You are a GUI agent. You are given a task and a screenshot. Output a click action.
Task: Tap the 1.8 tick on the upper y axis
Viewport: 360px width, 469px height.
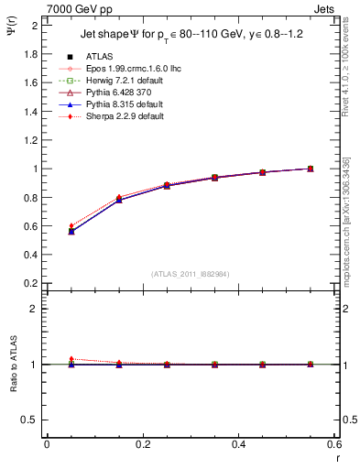coord(30,53)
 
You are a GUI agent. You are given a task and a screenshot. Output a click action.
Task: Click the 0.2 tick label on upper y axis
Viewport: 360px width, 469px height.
coord(30,283)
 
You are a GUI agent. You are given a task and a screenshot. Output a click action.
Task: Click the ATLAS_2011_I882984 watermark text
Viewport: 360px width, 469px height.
coord(191,274)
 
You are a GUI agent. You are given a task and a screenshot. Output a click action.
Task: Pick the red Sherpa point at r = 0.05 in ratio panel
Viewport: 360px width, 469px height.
coord(71,359)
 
